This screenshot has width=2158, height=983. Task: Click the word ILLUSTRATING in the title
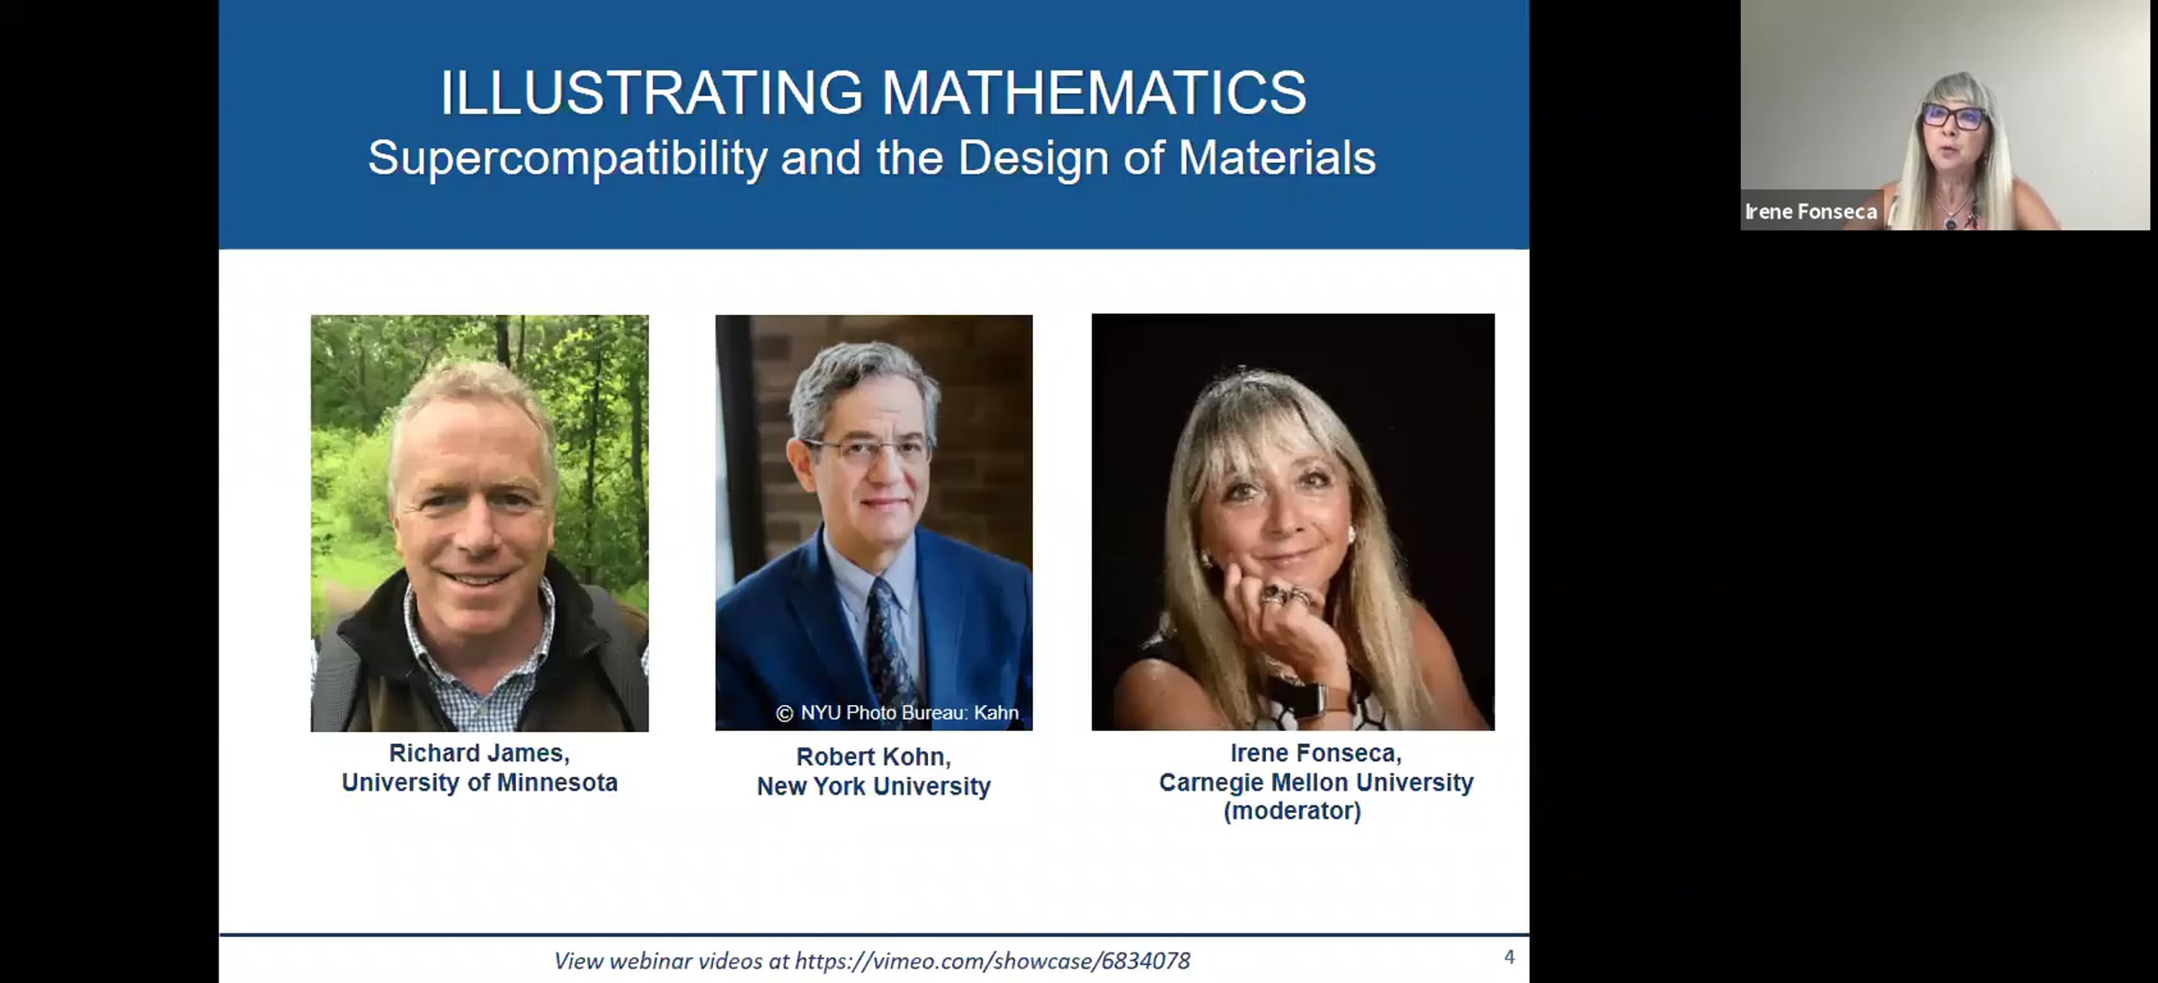[651, 94]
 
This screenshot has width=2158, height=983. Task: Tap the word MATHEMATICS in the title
[1093, 94]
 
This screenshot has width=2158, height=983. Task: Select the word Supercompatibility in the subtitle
[567, 159]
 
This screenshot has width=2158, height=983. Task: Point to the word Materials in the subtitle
[1277, 158]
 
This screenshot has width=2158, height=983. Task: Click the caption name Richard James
[479, 754]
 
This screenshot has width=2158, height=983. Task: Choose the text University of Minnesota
[479, 782]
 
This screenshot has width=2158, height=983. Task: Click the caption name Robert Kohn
[873, 757]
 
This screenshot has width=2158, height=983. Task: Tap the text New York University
[873, 786]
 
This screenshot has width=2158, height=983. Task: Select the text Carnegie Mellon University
[1315, 782]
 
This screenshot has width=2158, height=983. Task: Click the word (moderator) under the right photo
[1292, 811]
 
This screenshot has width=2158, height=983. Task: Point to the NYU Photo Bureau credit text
[897, 713]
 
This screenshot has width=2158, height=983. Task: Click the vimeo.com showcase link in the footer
[993, 961]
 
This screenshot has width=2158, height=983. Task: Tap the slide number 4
[1509, 957]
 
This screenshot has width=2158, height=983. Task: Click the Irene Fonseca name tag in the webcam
[1811, 212]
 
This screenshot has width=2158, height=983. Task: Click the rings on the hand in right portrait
[1286, 594]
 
